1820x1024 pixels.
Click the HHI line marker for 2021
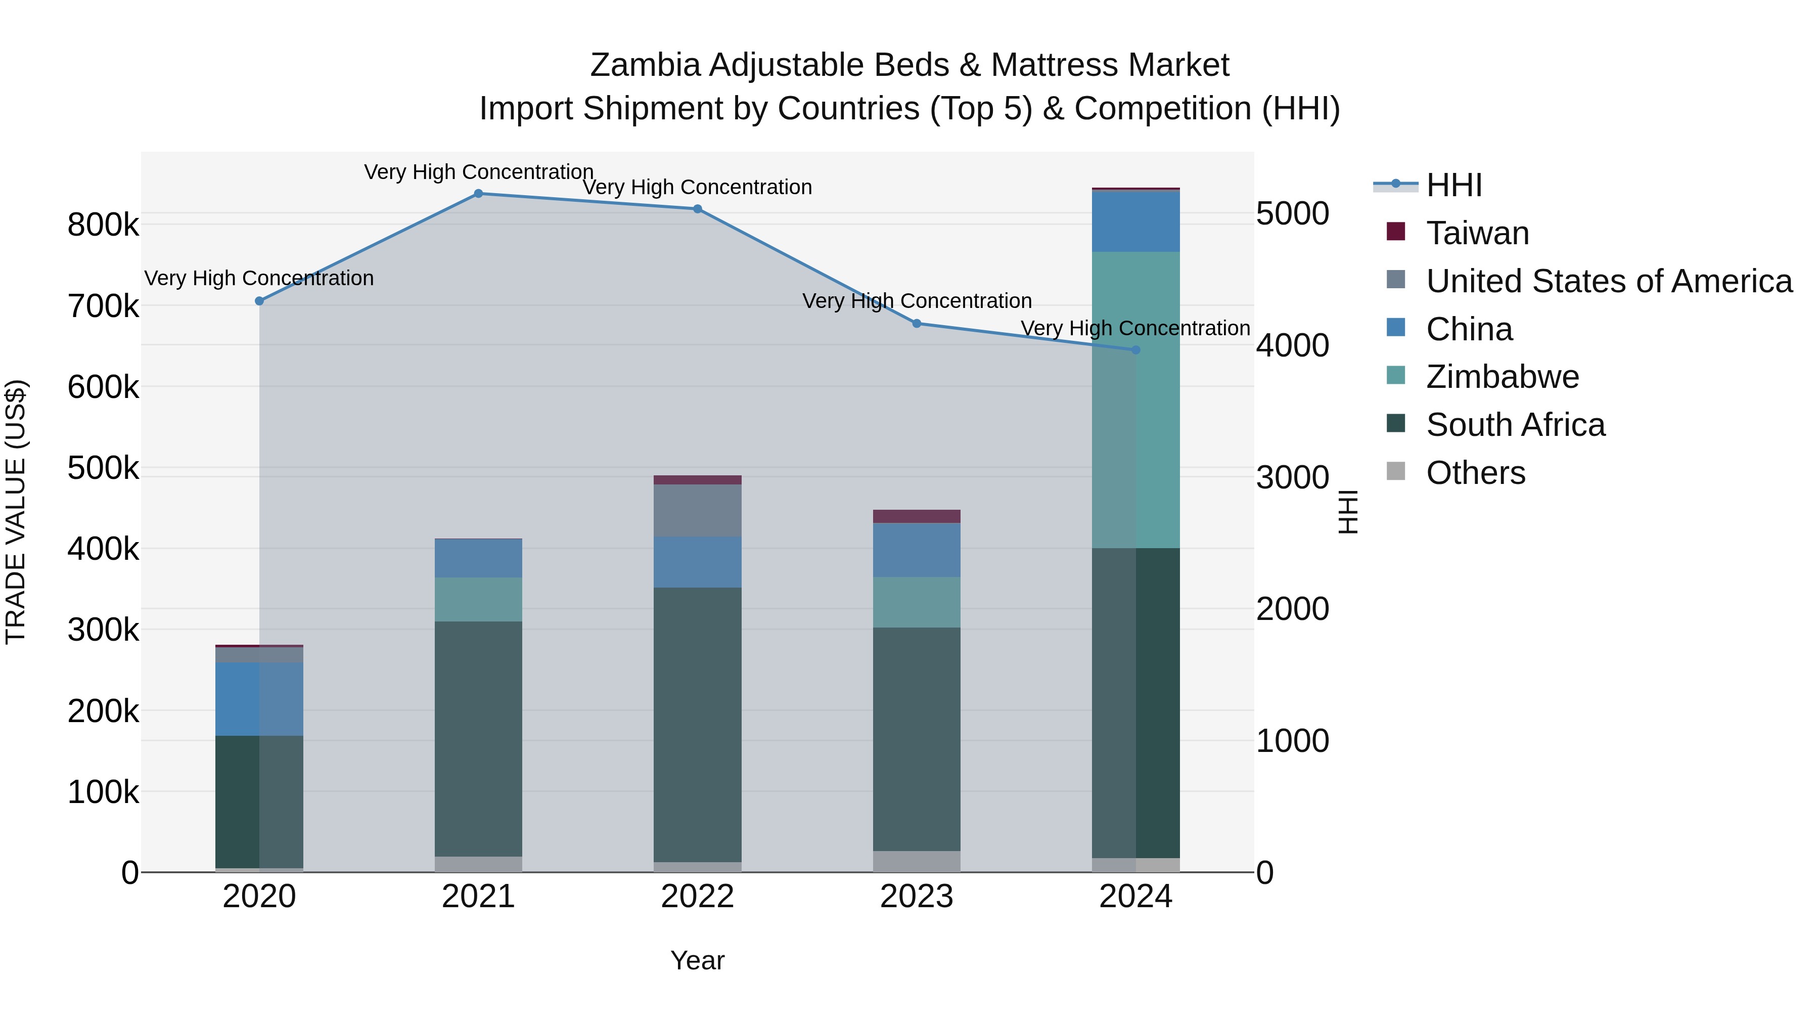pos(478,194)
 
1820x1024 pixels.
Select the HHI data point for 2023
pos(917,324)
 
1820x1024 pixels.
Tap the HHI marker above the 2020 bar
pos(259,301)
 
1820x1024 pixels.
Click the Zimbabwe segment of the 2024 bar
pos(1135,400)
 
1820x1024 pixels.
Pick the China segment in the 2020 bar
pos(259,699)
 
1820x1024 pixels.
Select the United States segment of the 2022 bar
pos(697,510)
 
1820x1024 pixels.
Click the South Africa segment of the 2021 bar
pos(478,738)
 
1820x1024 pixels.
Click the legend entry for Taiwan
pos(1477,233)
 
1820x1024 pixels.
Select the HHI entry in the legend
pos(1453,185)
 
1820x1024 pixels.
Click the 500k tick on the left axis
pos(103,468)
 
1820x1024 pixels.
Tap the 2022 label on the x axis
pos(697,897)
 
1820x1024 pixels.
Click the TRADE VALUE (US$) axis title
pos(16,512)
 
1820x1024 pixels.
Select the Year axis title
pos(697,960)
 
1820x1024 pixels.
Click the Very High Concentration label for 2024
pos(1135,329)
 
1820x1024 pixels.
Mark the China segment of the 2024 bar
pos(1135,221)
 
